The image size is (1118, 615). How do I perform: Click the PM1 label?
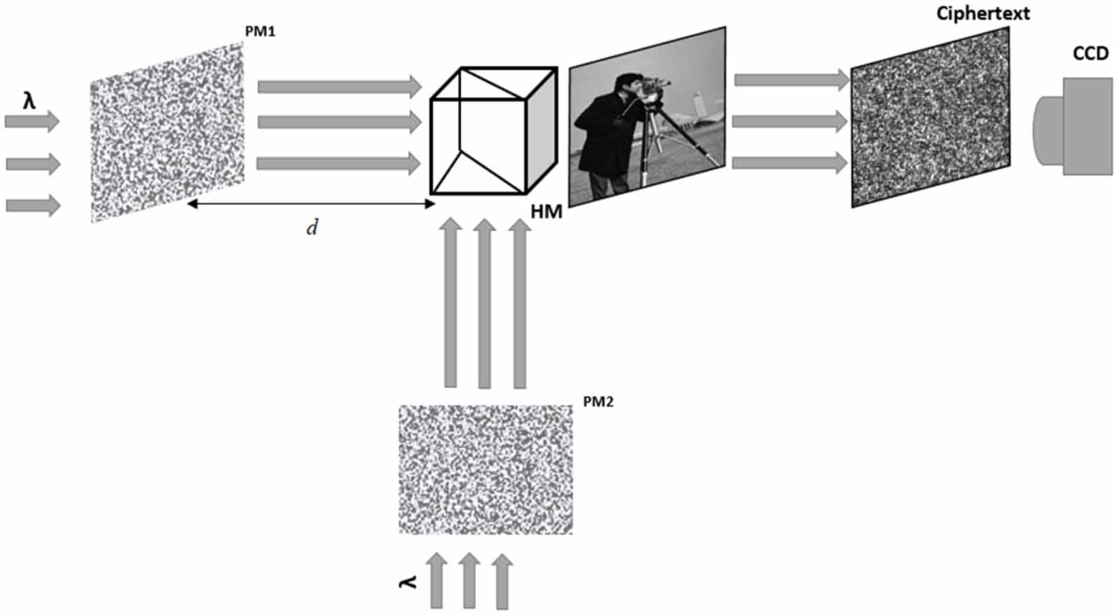[x=259, y=32]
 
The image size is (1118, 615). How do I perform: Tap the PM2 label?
[x=597, y=402]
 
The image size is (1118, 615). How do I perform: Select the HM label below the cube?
[x=546, y=212]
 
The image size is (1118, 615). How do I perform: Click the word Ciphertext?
[x=982, y=13]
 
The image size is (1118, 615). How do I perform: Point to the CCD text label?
[x=1090, y=54]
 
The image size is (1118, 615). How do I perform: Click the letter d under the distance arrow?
[x=312, y=228]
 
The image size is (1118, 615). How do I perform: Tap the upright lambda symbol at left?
[x=29, y=101]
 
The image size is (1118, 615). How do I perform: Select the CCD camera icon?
[x=1073, y=126]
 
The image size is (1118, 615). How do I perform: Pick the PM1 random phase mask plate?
[x=167, y=132]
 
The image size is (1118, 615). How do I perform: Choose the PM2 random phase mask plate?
[x=486, y=469]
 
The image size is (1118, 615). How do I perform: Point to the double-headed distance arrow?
[x=311, y=204]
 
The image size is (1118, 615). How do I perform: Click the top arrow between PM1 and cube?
[x=340, y=87]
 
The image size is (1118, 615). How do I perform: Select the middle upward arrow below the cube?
[x=484, y=304]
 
